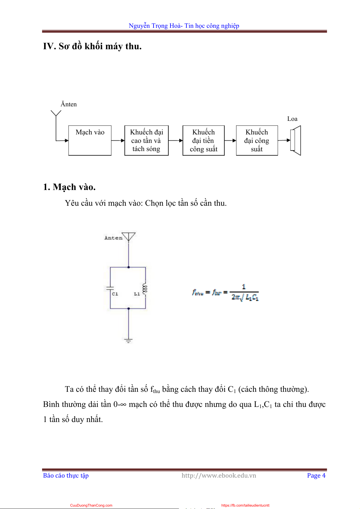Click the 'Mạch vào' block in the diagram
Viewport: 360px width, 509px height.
[90, 140]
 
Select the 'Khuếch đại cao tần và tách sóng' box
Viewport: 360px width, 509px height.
[146, 140]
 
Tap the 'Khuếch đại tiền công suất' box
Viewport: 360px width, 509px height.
[203, 140]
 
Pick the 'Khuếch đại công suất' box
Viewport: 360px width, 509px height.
[257, 140]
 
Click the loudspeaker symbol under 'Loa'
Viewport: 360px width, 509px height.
[295, 140]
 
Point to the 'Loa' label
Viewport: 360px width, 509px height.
[292, 119]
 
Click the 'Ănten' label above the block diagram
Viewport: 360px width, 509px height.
[69, 104]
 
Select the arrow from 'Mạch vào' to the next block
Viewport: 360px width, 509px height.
[118, 140]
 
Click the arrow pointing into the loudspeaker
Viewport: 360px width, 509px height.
[284, 140]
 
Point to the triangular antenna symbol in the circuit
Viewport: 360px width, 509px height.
[128, 236]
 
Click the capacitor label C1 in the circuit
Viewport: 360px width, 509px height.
[115, 294]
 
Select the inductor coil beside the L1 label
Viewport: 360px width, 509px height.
[145, 289]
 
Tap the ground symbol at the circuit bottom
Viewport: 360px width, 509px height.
[128, 340]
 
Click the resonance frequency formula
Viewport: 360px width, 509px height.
[225, 292]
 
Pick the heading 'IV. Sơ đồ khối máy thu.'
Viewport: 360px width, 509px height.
[92, 46]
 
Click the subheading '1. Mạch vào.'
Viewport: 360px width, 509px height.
[69, 187]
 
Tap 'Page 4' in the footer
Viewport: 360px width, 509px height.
[316, 475]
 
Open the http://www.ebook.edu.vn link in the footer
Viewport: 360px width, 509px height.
[219, 475]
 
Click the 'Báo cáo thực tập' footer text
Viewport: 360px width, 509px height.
[66, 475]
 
